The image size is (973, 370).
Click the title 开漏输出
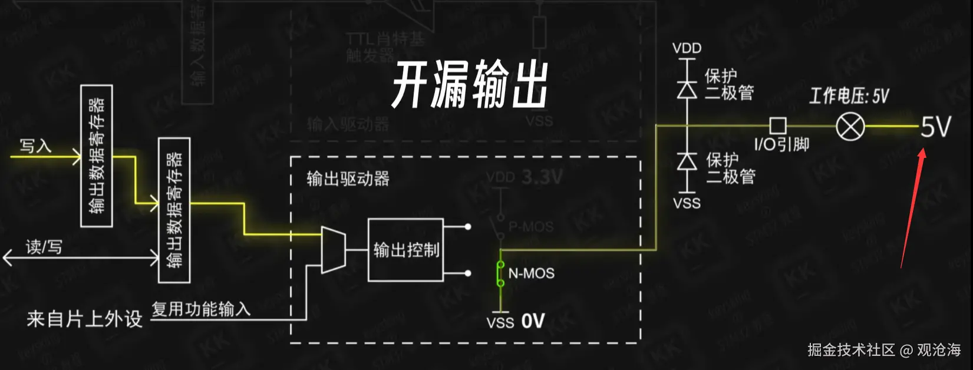click(470, 85)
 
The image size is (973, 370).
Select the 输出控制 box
click(405, 250)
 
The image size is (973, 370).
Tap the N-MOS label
click(531, 273)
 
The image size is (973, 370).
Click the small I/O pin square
click(778, 125)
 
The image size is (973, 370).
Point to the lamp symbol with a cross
click(850, 126)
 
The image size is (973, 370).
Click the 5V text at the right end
click(936, 127)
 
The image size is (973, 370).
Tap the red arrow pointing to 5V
click(912, 209)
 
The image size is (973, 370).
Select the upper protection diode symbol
click(687, 90)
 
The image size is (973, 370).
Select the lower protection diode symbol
click(687, 161)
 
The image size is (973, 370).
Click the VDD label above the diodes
click(687, 48)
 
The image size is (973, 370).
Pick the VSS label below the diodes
click(687, 203)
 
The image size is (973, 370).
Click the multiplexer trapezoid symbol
click(333, 250)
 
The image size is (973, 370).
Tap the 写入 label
click(35, 146)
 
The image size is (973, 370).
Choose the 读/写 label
click(44, 246)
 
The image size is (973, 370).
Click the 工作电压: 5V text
click(848, 95)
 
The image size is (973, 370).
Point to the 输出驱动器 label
click(348, 179)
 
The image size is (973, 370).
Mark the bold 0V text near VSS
click(533, 321)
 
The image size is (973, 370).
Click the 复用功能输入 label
click(201, 309)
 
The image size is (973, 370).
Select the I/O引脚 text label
click(781, 144)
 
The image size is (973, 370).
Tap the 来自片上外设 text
click(84, 319)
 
